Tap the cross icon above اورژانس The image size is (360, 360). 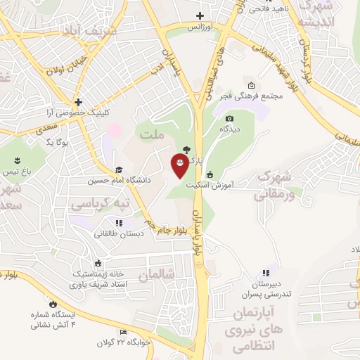pyautogui.click(x=200, y=15)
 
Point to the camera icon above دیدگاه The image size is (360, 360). pyautogui.click(x=230, y=118)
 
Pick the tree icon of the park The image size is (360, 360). pyautogui.click(x=186, y=149)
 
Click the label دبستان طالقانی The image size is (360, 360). pyautogui.click(x=119, y=233)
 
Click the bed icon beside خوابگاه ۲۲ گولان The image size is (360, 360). pyautogui.click(x=124, y=332)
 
